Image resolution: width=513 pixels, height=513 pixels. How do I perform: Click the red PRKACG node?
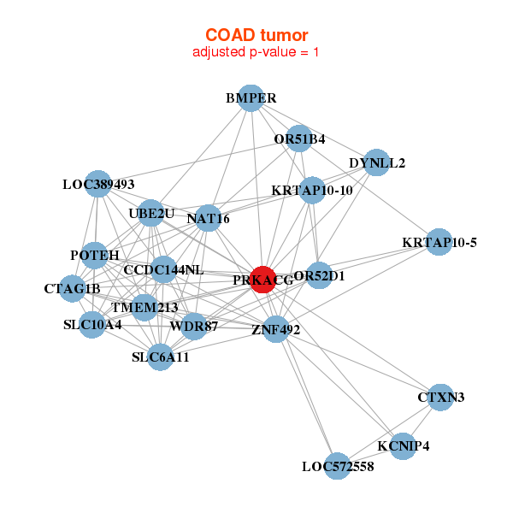(x=262, y=279)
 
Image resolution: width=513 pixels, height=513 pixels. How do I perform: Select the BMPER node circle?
(x=250, y=98)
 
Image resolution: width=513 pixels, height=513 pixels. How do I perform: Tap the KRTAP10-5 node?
(x=439, y=242)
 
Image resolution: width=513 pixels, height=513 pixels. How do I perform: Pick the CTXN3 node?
(x=440, y=397)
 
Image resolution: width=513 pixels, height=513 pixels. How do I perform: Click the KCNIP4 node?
(x=404, y=445)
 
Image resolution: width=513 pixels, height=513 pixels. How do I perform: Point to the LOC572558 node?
(x=338, y=466)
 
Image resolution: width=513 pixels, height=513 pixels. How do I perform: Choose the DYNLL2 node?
(x=376, y=162)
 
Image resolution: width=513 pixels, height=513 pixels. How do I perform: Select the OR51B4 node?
(x=298, y=138)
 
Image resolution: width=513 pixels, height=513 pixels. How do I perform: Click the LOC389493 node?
(x=98, y=183)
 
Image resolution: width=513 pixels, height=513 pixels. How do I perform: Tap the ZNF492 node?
(x=275, y=328)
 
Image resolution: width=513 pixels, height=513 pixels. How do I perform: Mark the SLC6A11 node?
(x=161, y=357)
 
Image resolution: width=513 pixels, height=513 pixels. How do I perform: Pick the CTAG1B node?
(x=72, y=288)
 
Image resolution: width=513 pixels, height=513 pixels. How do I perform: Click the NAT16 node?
(x=208, y=219)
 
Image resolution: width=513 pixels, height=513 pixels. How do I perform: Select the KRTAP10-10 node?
(x=312, y=190)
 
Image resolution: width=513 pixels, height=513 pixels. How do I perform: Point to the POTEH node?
(x=94, y=256)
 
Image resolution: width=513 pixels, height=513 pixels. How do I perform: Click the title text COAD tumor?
(x=256, y=35)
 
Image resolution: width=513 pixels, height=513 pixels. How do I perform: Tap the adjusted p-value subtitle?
(x=256, y=52)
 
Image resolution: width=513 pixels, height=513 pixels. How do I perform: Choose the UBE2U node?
(x=151, y=212)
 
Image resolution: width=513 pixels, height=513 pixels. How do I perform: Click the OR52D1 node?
(x=319, y=275)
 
